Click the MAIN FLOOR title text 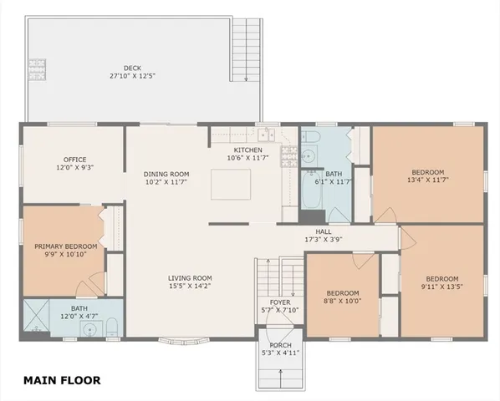coord(62,380)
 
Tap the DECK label coord(133,68)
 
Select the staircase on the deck coord(246,49)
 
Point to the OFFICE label coord(75,159)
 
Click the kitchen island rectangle coord(231,184)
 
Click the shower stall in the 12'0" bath coord(37,317)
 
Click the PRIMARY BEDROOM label coord(65,246)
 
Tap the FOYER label coord(278,302)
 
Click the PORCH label coord(278,345)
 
